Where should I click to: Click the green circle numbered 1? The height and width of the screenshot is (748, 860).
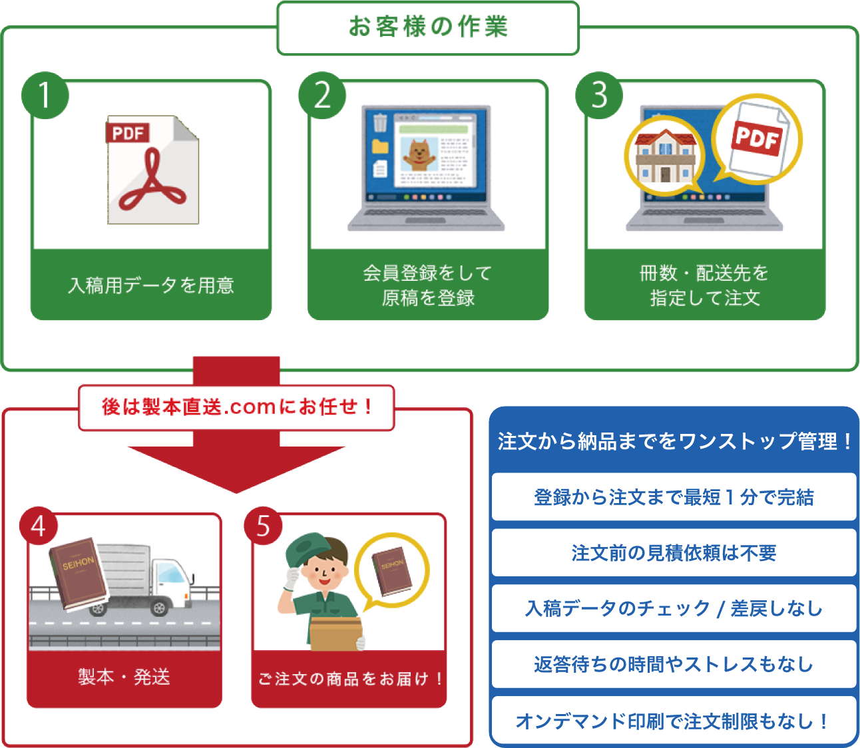point(45,95)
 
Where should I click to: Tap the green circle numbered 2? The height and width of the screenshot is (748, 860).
point(322,95)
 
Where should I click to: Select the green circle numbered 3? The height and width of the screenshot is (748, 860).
point(599,95)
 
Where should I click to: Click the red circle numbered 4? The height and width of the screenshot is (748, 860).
point(39,526)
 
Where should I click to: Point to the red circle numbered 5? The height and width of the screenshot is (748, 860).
point(263,526)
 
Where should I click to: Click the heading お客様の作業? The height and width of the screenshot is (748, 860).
point(428,27)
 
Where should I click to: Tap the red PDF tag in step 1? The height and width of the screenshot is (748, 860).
point(127,133)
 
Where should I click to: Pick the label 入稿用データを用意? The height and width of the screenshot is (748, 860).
point(151,285)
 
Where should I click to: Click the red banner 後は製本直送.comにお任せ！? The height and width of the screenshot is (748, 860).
point(236,407)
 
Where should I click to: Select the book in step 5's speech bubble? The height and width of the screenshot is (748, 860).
point(391,570)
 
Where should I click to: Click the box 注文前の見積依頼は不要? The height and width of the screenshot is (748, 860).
point(674,553)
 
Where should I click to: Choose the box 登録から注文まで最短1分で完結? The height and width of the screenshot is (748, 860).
point(674,497)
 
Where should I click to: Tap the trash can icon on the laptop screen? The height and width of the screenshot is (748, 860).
point(380,123)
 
